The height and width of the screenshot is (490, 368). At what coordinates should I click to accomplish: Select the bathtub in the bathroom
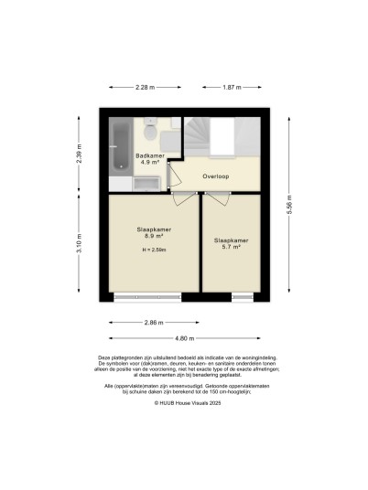121,147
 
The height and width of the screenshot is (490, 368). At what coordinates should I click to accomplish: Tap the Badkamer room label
150,155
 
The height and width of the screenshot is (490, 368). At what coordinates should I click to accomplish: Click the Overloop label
216,176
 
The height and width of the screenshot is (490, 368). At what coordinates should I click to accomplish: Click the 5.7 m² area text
232,247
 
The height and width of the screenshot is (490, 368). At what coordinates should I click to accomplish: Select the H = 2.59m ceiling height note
154,250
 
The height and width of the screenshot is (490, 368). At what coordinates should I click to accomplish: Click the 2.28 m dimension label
146,88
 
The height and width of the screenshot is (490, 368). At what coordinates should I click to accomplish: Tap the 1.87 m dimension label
232,88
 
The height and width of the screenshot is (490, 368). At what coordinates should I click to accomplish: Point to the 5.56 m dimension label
289,205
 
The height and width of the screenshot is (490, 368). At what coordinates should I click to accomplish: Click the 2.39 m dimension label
79,154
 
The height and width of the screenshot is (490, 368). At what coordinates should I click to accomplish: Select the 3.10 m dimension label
79,243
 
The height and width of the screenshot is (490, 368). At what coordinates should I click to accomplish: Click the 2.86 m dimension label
154,323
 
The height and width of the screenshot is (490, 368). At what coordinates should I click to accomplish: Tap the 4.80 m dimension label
185,338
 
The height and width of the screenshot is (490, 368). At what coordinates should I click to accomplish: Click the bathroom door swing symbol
174,175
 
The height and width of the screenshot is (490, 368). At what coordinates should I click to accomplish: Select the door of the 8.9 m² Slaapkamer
185,199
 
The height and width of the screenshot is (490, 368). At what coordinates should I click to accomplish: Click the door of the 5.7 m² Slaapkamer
218,199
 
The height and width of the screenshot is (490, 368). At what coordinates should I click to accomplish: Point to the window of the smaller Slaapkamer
243,297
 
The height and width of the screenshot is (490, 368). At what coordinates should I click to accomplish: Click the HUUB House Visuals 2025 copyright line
188,403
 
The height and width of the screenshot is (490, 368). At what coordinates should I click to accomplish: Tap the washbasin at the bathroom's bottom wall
146,184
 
